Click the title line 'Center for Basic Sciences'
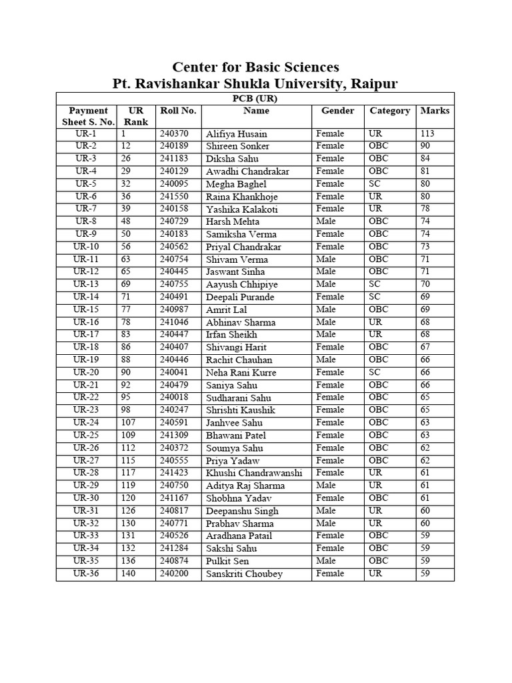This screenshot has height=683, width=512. point(256,67)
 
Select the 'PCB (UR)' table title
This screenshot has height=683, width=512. point(255,98)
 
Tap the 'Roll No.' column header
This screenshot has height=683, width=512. point(178,111)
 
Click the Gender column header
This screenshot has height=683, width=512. point(338,111)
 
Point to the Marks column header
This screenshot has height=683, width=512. point(435,111)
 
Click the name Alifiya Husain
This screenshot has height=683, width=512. point(237,134)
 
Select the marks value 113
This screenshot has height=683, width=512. point(427,134)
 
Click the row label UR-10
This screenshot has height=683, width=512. point(86,247)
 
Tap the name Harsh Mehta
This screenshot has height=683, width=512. point(233,221)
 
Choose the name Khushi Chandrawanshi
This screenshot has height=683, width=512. point(254,473)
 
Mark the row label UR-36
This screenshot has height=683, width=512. point(86,574)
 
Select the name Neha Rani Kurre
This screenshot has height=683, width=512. point(241,373)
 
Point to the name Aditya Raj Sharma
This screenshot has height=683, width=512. point(245,486)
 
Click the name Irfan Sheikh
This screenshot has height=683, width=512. point(231,335)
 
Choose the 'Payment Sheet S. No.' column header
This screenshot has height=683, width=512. point(86,116)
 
